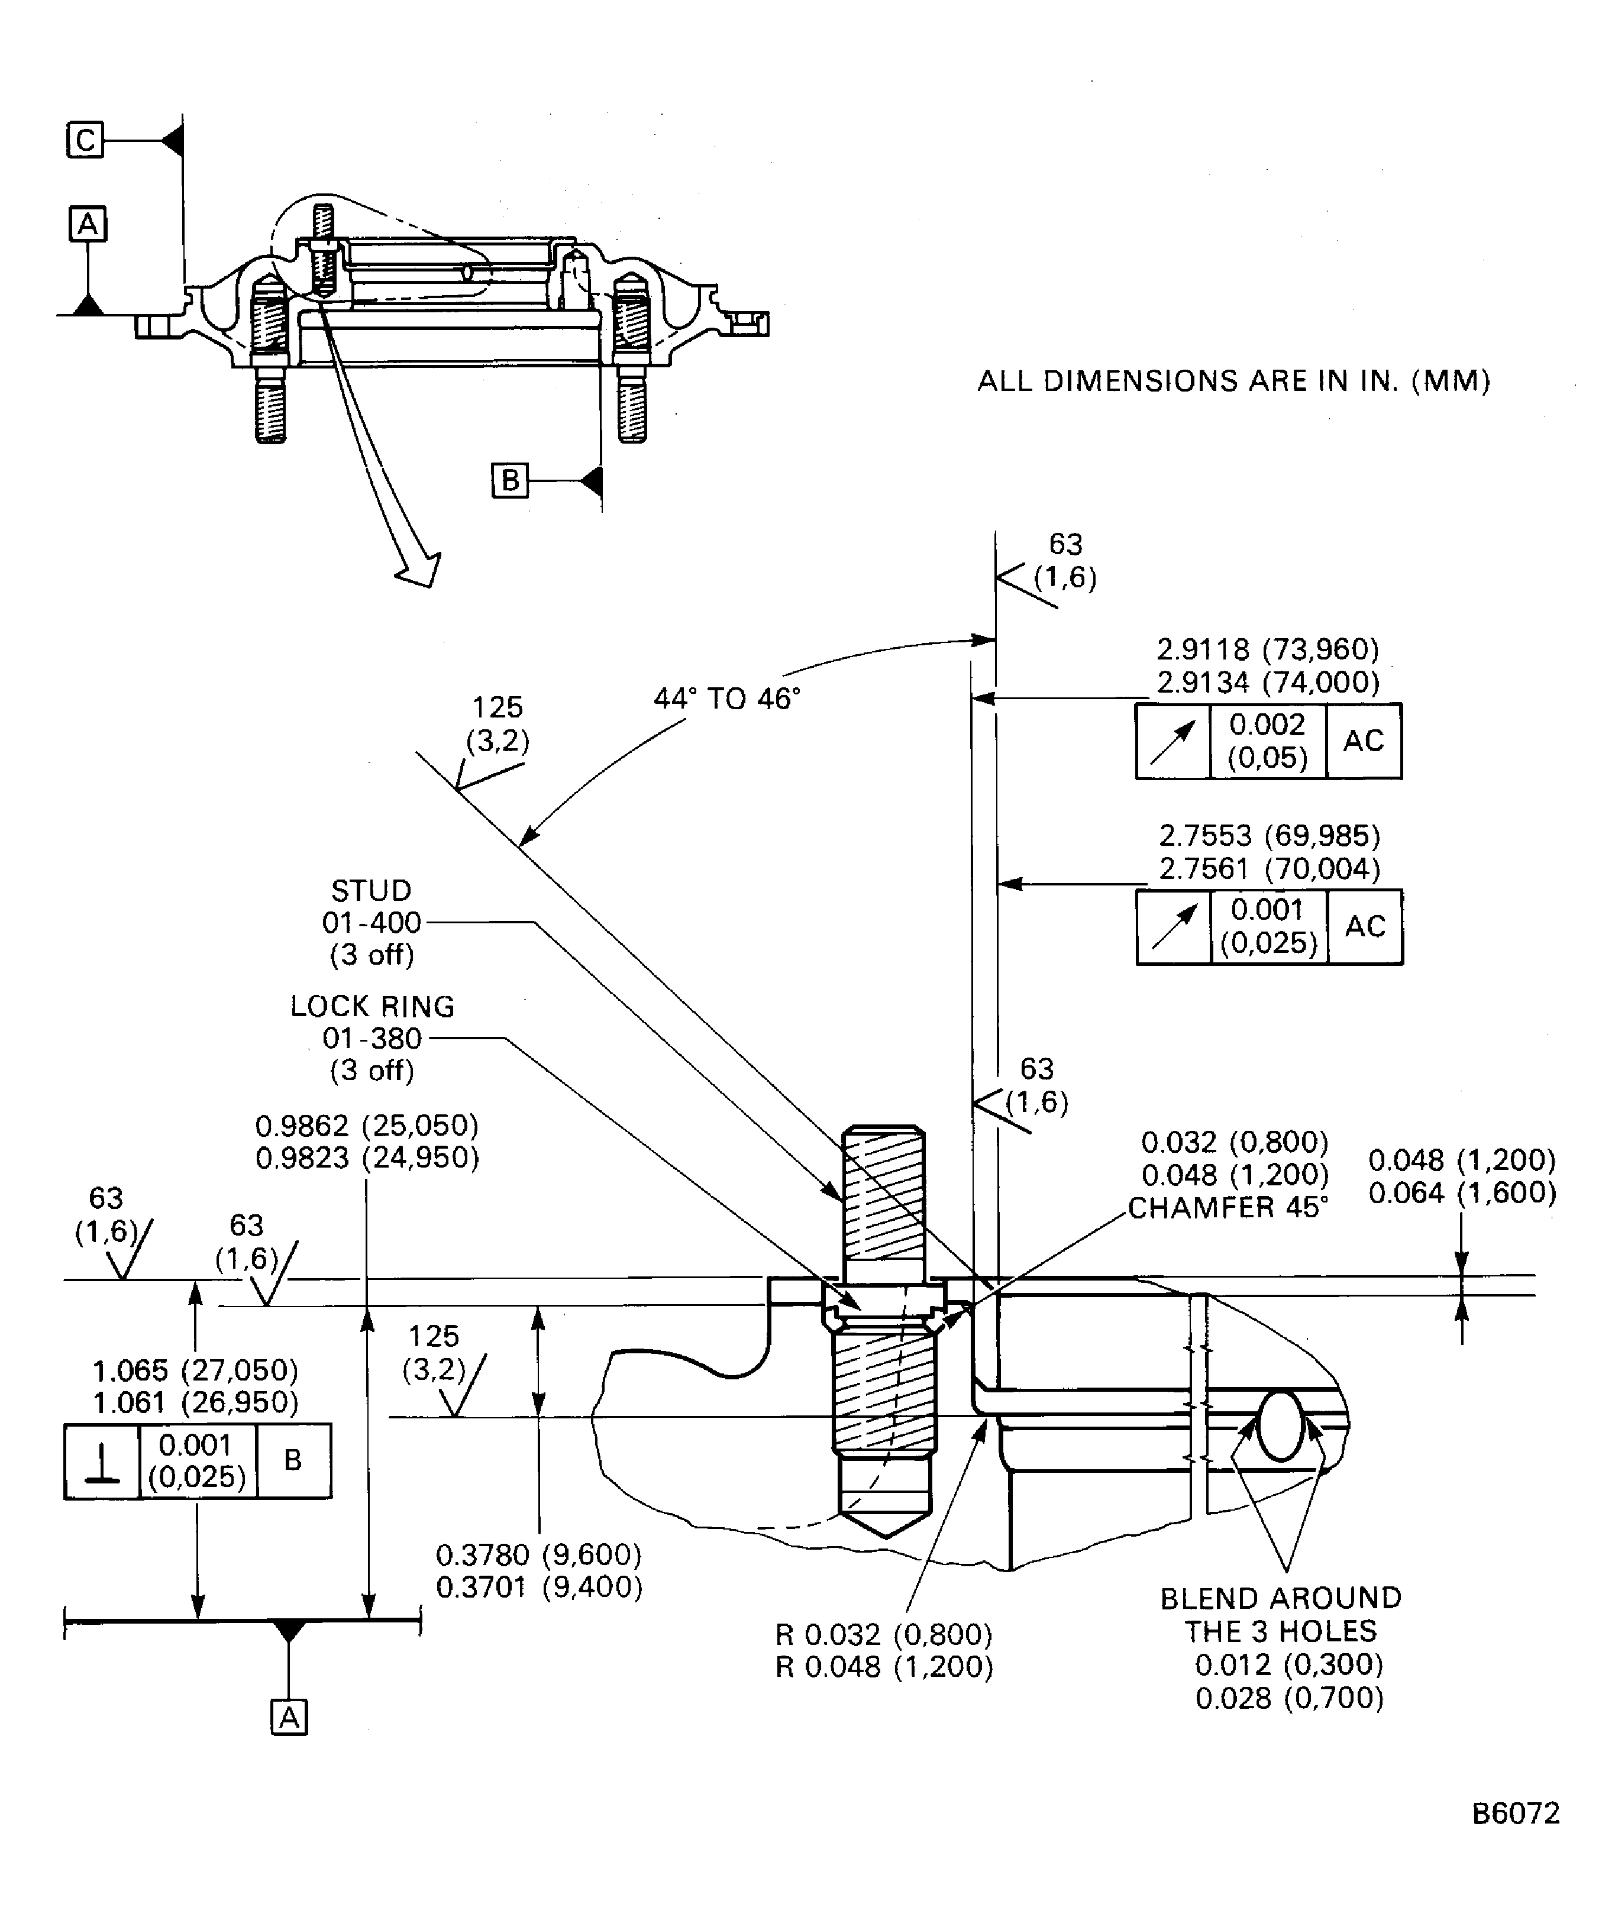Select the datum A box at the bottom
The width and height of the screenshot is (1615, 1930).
[x=289, y=1717]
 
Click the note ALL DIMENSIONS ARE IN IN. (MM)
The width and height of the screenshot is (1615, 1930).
[x=1233, y=380]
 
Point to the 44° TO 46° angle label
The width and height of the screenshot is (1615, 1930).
[x=726, y=699]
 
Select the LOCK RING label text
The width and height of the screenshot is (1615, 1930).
[x=372, y=1006]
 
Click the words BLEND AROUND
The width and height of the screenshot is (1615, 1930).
[x=1280, y=1598]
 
